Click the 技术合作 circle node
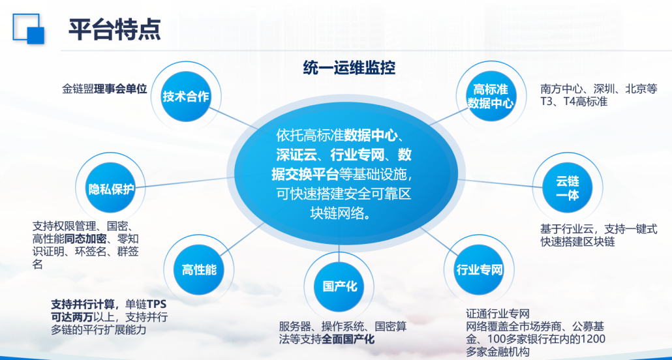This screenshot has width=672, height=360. tap(186, 97)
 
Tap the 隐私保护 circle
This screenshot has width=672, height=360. tap(112, 188)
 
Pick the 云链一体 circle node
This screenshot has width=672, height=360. tap(568, 188)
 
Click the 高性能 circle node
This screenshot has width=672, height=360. tap(199, 269)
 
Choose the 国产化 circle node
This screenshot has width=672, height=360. tap(339, 286)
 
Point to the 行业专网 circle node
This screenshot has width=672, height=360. tap(479, 269)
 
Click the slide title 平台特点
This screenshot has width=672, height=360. tap(114, 29)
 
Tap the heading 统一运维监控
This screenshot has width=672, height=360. tap(349, 68)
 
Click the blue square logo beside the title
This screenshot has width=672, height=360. tap(28, 29)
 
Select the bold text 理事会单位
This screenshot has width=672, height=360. tap(121, 89)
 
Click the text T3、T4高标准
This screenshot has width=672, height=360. tap(574, 102)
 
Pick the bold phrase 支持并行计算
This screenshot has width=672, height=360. tap(83, 305)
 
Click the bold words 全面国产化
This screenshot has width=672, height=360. tap(348, 340)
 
